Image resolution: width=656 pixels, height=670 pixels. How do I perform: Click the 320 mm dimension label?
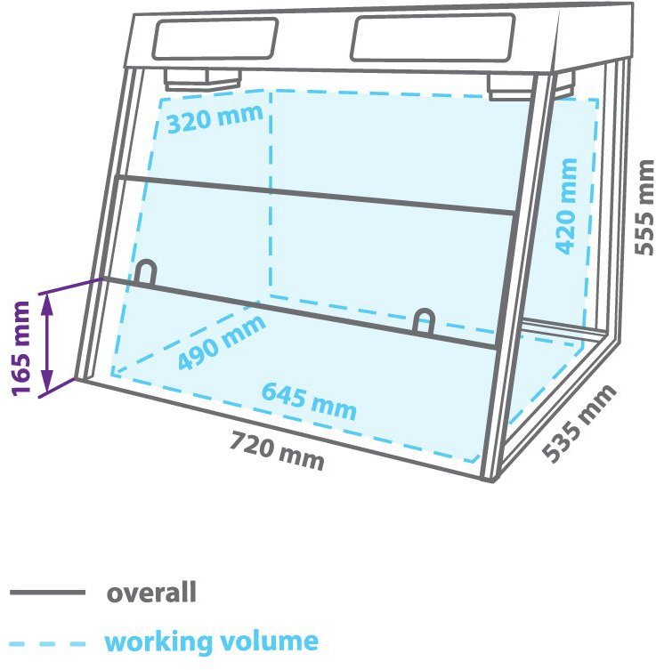coord(215,117)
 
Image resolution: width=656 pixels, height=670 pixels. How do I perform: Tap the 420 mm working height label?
coord(566,206)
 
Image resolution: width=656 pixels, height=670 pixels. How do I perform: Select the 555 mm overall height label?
coord(644,207)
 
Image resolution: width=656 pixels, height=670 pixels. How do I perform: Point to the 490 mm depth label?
coord(222,342)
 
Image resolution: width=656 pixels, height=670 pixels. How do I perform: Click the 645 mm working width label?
coord(309,401)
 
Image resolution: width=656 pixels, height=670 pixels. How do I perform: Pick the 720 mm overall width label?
coord(277,451)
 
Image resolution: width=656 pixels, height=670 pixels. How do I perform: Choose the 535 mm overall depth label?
coord(580,423)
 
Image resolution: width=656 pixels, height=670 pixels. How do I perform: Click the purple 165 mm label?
coord(21,348)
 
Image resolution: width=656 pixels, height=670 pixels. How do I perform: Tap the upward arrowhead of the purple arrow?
coord(47,305)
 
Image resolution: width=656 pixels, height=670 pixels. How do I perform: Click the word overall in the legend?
coord(151,593)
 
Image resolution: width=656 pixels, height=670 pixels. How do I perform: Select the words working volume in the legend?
coord(212,641)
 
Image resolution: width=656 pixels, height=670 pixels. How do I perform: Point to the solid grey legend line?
coord(47,593)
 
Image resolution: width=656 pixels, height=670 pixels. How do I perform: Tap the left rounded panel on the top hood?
coord(215,38)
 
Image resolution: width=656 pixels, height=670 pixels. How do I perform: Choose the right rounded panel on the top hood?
coord(433,38)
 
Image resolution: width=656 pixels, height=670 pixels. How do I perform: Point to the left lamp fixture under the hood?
coord(203,79)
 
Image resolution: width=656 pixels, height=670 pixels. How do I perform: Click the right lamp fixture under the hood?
coord(510,87)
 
